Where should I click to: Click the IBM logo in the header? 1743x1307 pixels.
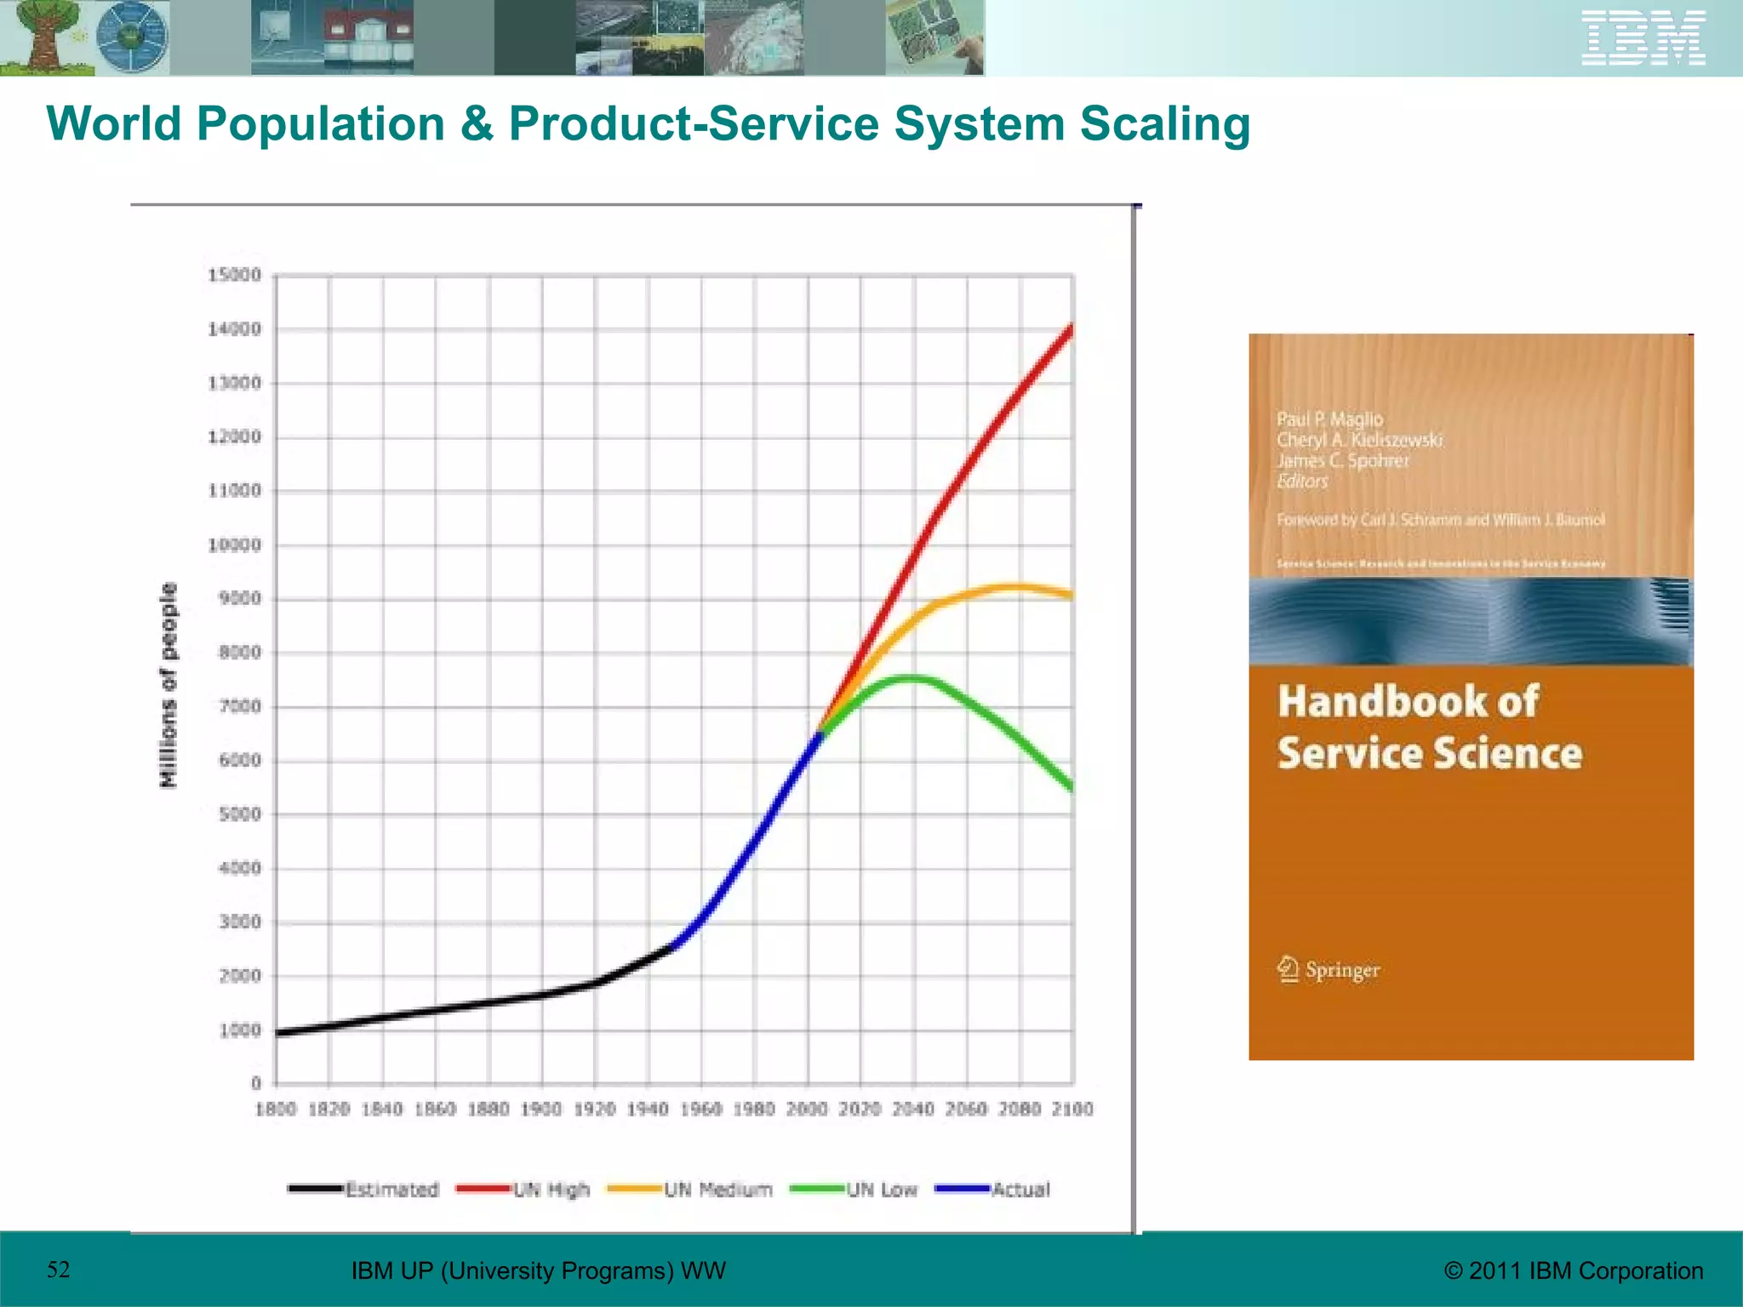pyautogui.click(x=1643, y=38)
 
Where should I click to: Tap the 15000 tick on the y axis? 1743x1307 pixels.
pyautogui.click(x=235, y=275)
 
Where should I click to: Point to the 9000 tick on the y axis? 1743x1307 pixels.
pyautogui.click(x=239, y=598)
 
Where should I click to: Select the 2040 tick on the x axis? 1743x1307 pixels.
pyautogui.click(x=913, y=1109)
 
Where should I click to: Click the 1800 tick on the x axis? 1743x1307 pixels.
pyautogui.click(x=276, y=1109)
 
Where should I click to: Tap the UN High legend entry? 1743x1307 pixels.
pyautogui.click(x=523, y=1189)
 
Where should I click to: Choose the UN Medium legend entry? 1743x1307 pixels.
pyautogui.click(x=690, y=1189)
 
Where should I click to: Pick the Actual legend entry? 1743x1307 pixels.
pyautogui.click(x=993, y=1189)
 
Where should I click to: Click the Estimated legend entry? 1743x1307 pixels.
pyautogui.click(x=364, y=1189)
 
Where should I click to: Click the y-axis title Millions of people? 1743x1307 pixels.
pyautogui.click(x=169, y=685)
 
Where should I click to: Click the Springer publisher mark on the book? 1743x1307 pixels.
pyautogui.click(x=1329, y=970)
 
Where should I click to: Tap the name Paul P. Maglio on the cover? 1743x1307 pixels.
pyautogui.click(x=1329, y=419)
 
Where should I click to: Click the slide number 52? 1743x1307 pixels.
pyautogui.click(x=58, y=1270)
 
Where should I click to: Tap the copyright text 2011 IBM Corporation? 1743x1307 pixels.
pyautogui.click(x=1574, y=1270)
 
